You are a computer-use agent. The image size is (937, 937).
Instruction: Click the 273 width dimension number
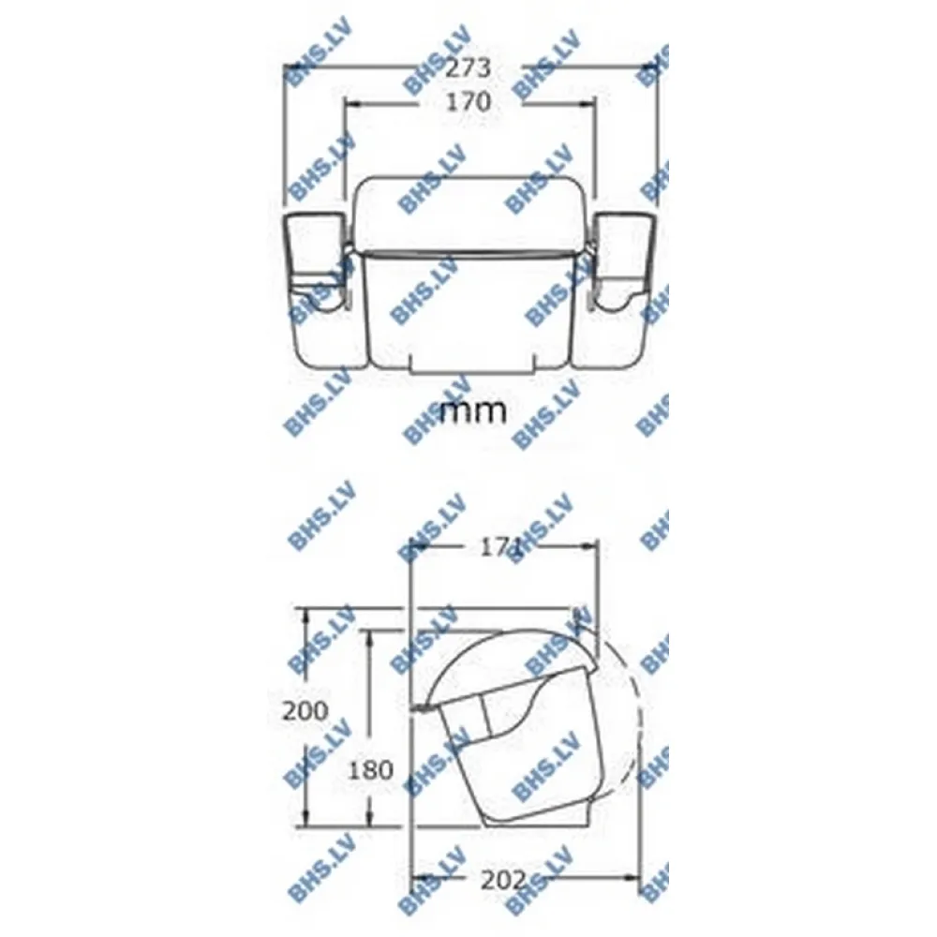pyautogui.click(x=468, y=67)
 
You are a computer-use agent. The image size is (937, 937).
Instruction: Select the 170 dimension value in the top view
pyautogui.click(x=468, y=101)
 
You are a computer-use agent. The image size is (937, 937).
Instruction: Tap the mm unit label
pyautogui.click(x=473, y=411)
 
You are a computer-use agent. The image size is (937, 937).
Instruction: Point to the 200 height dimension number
pyautogui.click(x=305, y=710)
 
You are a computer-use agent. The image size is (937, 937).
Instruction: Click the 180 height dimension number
pyautogui.click(x=370, y=770)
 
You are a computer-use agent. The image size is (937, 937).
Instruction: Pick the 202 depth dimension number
pyautogui.click(x=503, y=879)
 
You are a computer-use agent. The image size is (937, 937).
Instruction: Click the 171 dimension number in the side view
pyautogui.click(x=500, y=548)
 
